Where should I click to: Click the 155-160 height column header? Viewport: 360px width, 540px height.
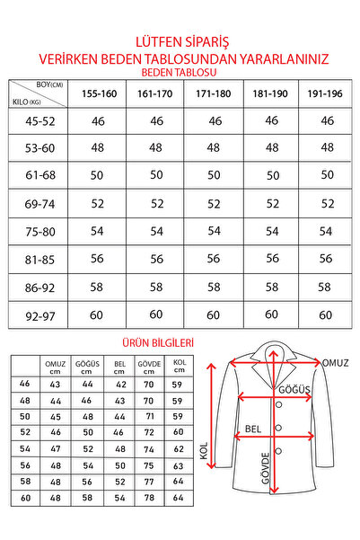point(100,93)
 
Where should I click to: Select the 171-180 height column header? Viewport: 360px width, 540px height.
point(213,93)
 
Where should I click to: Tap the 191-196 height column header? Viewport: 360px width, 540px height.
point(326,93)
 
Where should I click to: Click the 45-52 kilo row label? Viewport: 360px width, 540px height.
point(39,120)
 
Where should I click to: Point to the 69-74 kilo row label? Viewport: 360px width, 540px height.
point(39,204)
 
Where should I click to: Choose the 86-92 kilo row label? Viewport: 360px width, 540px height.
point(39,287)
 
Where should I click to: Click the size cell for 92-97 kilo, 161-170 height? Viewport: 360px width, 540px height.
point(157,314)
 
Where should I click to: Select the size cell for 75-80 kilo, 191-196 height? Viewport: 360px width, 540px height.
point(326,231)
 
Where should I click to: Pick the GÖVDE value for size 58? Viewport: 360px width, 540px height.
point(149,482)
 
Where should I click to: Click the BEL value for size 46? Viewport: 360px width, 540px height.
point(118,384)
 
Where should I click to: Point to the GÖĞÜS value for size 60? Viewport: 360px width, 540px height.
point(87,498)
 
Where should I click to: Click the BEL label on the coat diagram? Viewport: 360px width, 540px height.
point(253,429)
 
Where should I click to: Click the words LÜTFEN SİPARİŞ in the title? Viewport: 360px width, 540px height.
point(180,40)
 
